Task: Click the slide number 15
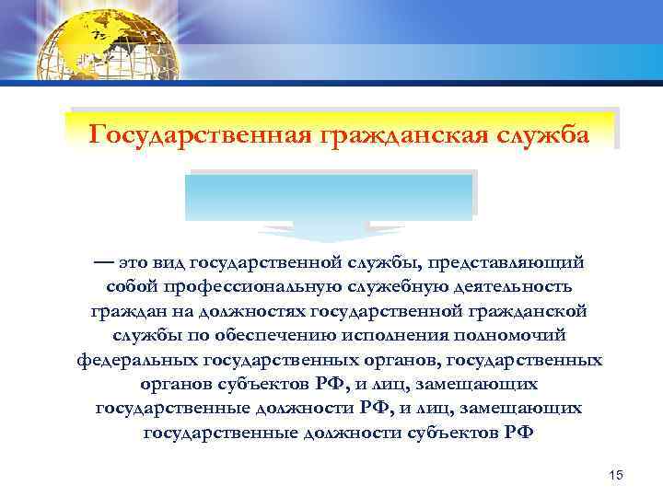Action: (616, 474)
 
